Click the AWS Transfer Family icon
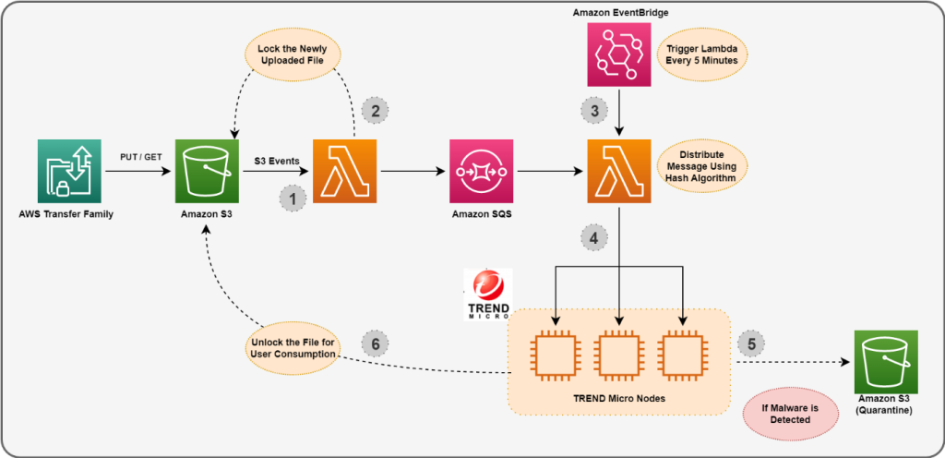69,171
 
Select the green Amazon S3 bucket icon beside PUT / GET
207,171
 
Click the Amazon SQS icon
481,171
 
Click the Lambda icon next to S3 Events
344,171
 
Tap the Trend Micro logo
487,295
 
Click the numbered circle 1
293,198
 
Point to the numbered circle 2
376,110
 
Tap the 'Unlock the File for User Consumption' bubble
291,349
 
